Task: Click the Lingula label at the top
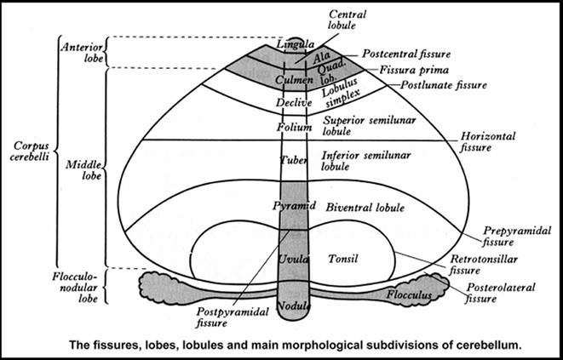click(291, 45)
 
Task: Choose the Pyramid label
click(291, 206)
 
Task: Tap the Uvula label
click(291, 258)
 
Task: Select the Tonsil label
click(342, 258)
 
